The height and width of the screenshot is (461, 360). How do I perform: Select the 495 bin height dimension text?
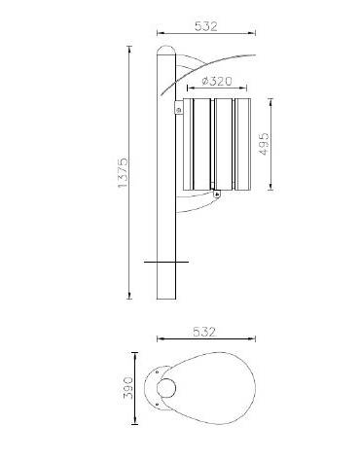click(x=264, y=143)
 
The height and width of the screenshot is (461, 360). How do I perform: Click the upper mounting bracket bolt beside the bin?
click(x=178, y=109)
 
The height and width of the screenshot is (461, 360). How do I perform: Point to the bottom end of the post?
click(x=166, y=298)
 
